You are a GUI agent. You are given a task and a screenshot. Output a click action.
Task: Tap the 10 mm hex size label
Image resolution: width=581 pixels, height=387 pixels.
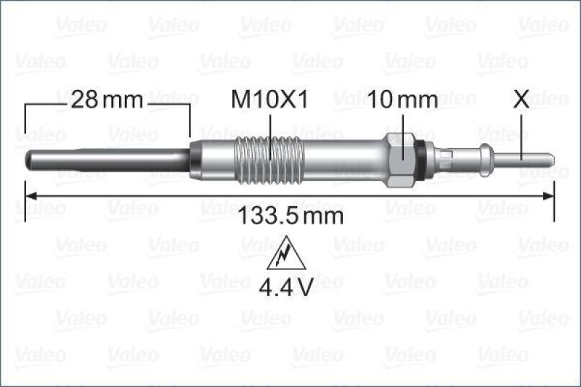click(402, 100)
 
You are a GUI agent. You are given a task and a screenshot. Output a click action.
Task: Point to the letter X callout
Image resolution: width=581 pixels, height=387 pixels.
click(521, 100)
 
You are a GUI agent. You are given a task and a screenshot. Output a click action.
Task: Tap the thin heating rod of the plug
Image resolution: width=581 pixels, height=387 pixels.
click(109, 156)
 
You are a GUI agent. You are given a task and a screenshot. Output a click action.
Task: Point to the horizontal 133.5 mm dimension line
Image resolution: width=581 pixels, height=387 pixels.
click(182, 195)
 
